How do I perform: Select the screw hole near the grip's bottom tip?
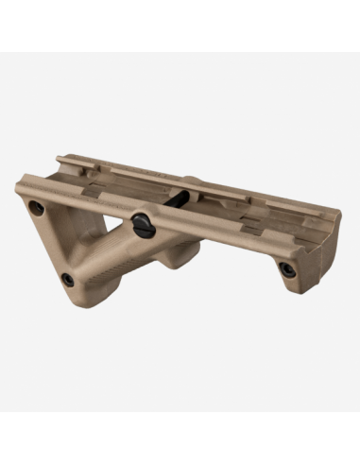tap(67, 278)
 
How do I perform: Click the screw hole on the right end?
tap(286, 269)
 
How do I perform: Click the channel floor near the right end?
tap(283, 227)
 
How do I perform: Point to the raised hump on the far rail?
tap(193, 179)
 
